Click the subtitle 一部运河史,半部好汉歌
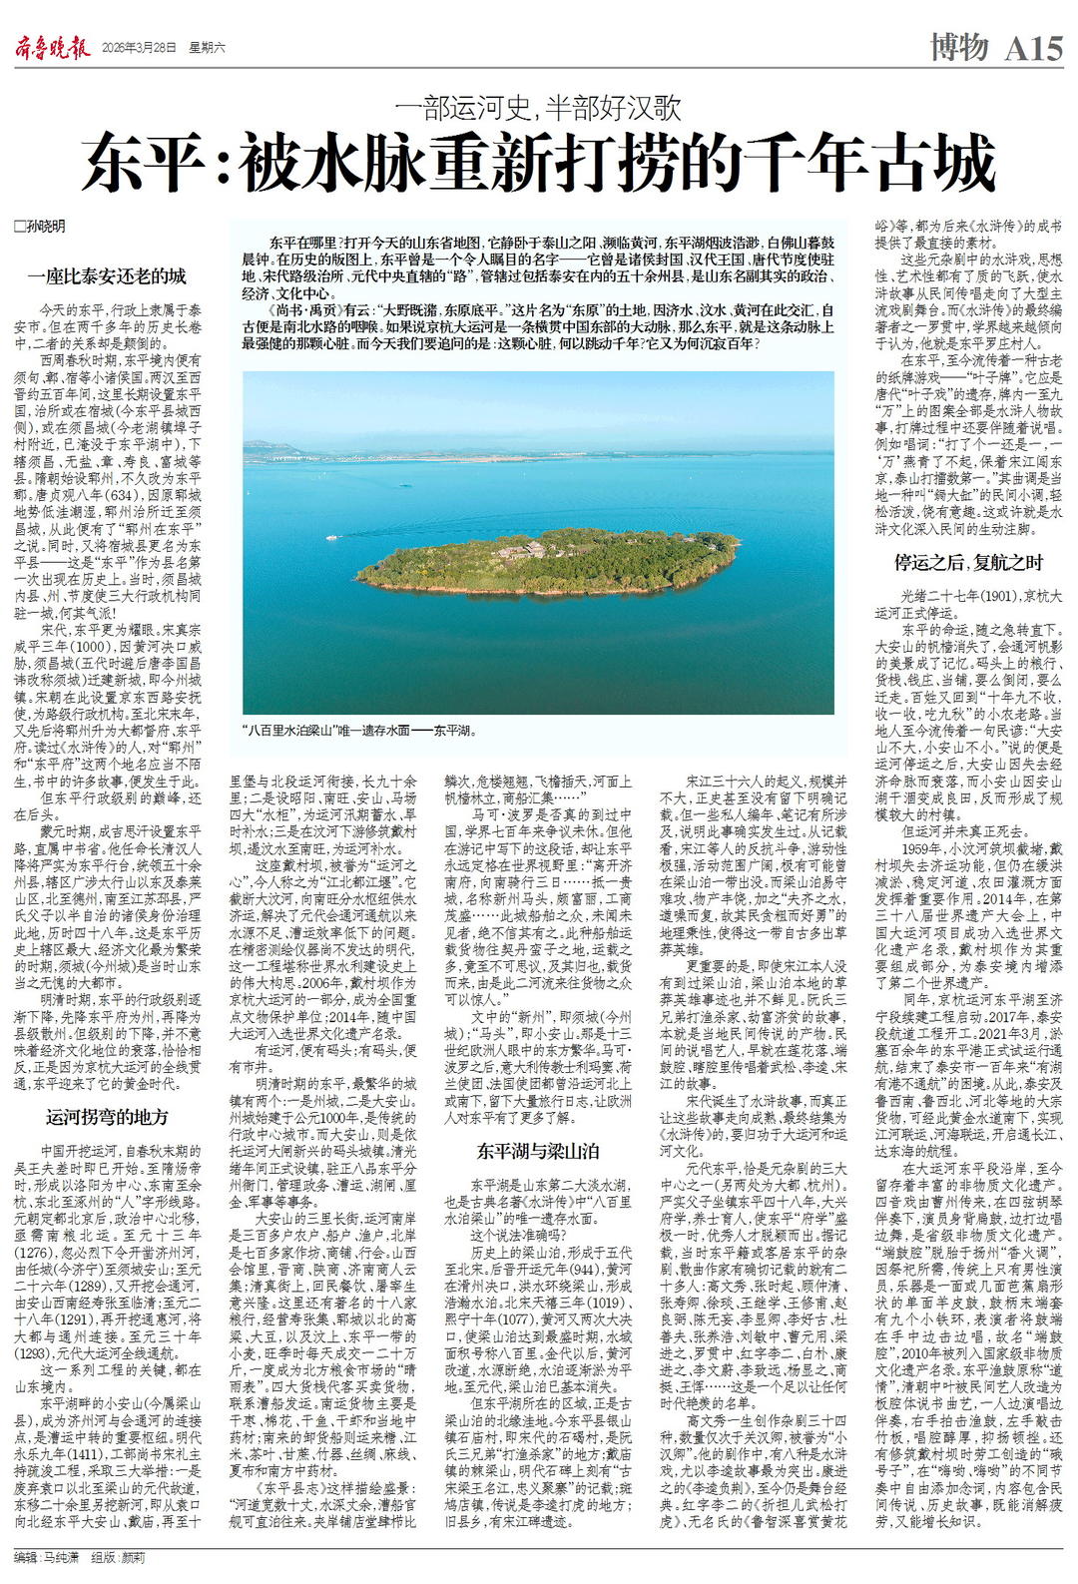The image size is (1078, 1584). [x=539, y=105]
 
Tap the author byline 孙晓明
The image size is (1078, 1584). [x=44, y=227]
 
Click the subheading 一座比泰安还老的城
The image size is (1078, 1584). [x=107, y=275]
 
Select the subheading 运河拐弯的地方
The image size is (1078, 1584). [x=107, y=1116]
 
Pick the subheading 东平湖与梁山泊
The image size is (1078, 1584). [x=537, y=1151]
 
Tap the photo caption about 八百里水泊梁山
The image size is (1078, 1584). [x=360, y=730]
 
